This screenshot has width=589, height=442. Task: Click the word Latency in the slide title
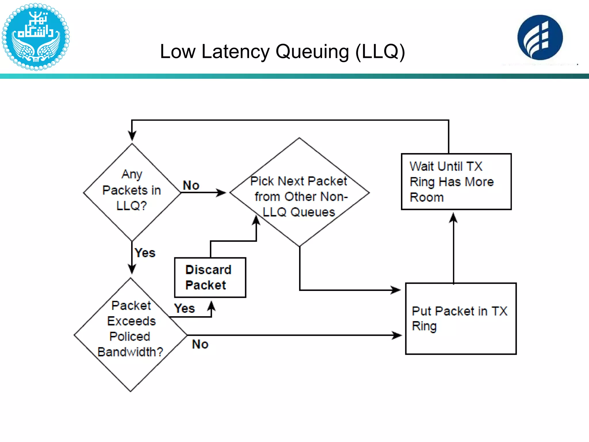pos(236,52)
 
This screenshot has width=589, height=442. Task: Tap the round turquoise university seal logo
pos(35,37)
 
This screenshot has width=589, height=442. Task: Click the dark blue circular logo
pos(540,38)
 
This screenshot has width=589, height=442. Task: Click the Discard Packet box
pos(210,277)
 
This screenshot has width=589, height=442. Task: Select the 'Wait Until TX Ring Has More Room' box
pos(456,182)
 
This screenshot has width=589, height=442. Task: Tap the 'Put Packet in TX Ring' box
pos(461,319)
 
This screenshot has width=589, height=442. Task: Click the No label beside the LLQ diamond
pos(191,185)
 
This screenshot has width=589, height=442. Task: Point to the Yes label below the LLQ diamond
pos(145,253)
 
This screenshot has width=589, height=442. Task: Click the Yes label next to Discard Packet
pos(184,308)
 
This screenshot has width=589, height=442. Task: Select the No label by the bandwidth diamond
pos(200,344)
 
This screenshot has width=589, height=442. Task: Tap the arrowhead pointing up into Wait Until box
pos(453,218)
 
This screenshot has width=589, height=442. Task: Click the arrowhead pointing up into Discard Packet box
pos(211,306)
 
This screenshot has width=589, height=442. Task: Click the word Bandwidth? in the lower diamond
pos(130,352)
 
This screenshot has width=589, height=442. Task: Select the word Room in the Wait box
pos(427,197)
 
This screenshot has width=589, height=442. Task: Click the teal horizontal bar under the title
pos(294,76)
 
